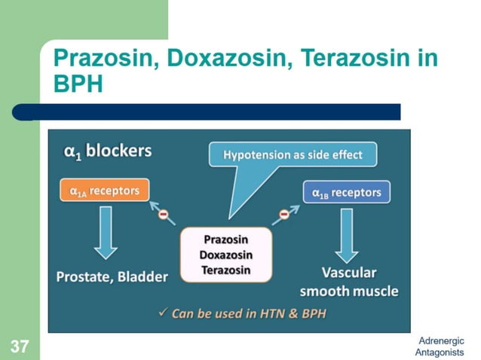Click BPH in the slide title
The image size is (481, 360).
pos(77,83)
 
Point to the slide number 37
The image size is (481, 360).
pos(19,347)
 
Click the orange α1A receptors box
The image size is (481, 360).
pos(104,191)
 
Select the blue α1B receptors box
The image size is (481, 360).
pos(346,193)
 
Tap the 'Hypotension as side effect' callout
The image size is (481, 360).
pos(293,155)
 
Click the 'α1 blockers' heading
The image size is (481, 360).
pos(107,151)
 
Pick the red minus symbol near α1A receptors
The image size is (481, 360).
pos(163,214)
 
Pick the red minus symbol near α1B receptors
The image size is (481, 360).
pos(284,215)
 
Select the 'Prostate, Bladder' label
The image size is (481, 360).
pos(112,276)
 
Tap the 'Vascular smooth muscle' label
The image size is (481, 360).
pos(348,282)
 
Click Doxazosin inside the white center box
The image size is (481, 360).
pos(225,255)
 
